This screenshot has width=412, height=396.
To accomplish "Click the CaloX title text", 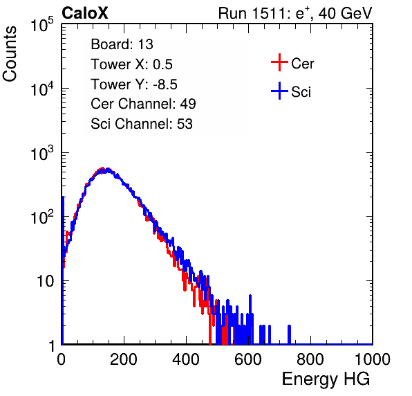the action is click(85, 13).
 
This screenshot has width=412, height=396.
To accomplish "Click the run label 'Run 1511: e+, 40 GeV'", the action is click(295, 13).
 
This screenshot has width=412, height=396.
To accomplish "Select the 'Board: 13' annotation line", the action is click(122, 44).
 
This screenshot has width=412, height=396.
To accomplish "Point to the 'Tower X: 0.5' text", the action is click(131, 64).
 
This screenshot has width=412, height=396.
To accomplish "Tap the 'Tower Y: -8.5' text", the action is click(134, 84).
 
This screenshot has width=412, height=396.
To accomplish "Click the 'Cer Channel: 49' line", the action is click(143, 104).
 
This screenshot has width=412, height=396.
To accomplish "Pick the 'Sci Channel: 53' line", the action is click(142, 124).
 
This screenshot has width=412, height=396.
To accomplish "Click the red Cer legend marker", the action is click(279, 62).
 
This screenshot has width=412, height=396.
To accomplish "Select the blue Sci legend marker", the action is click(279, 91).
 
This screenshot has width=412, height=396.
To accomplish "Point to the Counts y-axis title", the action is click(10, 54).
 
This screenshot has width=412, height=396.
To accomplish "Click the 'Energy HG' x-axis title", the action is click(326, 379).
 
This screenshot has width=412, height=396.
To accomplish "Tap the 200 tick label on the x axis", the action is click(124, 359).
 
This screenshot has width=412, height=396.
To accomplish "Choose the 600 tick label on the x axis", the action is click(248, 359).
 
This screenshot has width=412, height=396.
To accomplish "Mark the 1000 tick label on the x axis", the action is click(373, 359).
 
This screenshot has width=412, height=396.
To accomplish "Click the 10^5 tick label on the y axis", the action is click(42, 25).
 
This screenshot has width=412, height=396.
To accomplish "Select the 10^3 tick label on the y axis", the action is click(42, 153).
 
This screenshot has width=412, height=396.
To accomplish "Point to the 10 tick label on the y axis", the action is click(46, 281).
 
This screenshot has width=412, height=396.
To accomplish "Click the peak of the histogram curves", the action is click(105, 170).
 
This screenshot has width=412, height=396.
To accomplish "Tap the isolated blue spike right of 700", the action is click(289, 334).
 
